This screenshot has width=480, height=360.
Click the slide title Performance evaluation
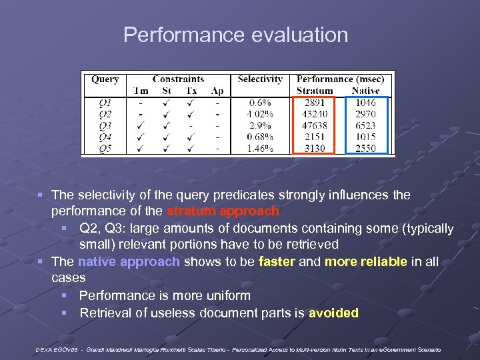pos(235,35)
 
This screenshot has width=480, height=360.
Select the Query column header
pos(105,79)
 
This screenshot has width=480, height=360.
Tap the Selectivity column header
pos(259,79)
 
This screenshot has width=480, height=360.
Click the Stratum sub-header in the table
pos(315,91)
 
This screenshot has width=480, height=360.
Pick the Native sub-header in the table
pos(365,91)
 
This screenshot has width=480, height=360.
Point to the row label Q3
pos(105,125)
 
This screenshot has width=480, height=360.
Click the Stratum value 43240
pos(315,114)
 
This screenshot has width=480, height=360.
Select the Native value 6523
pos(365,125)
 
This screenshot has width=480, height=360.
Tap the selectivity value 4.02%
pos(259,114)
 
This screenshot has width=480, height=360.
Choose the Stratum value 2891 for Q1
pos(315,103)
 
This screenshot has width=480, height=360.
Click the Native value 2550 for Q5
pos(365,148)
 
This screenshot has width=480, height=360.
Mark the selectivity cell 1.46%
pos(259,148)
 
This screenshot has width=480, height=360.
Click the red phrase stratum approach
pos(223,211)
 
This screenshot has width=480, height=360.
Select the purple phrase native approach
pos(129,261)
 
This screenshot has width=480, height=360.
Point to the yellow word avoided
pos(333,313)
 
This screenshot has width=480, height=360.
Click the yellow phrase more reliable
pos(365,261)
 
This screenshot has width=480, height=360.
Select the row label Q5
pos(105,148)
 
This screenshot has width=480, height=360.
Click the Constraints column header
pos(178,79)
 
